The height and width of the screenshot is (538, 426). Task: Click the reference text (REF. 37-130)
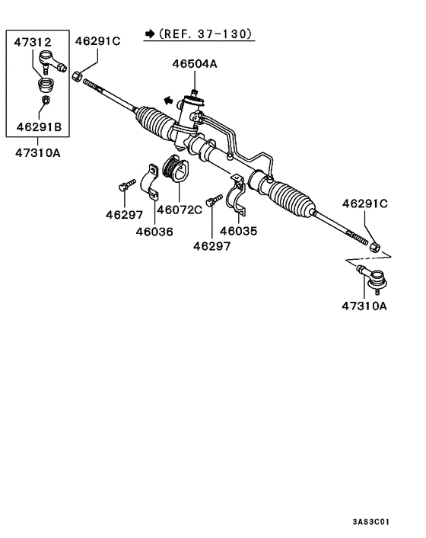[x=205, y=34]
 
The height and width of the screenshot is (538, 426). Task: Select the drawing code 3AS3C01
[x=370, y=522]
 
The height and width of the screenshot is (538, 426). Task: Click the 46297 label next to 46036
[x=123, y=214]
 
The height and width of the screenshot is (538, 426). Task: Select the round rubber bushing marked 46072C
[x=176, y=170]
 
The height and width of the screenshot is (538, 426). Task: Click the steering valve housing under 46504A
[x=193, y=107]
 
